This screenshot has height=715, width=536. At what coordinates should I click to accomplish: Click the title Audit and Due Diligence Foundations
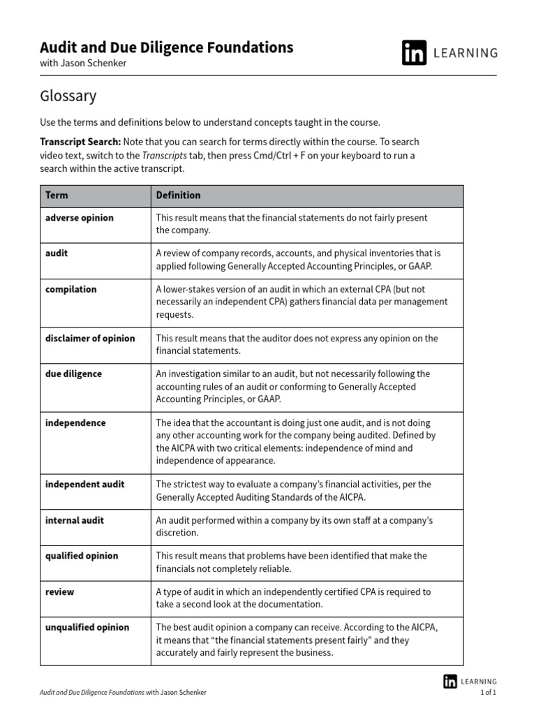(166, 47)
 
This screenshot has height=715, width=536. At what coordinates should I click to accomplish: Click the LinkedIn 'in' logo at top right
(414, 53)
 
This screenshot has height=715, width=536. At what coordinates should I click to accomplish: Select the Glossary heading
(68, 96)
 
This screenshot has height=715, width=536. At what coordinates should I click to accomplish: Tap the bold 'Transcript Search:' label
(80, 142)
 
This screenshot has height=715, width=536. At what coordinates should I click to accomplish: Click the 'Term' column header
(57, 196)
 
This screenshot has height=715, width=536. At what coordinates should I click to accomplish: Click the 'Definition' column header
(178, 196)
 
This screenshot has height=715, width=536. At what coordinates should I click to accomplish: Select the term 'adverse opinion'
(79, 218)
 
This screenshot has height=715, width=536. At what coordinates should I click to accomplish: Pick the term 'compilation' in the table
(70, 289)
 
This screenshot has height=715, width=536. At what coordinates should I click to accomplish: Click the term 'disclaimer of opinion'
(90, 339)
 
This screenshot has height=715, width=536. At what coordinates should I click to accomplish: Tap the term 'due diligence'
(73, 374)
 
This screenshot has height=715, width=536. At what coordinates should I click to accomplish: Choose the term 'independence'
(75, 423)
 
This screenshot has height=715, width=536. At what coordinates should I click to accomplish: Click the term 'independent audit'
(84, 485)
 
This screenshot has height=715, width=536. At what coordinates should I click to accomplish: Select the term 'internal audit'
(75, 520)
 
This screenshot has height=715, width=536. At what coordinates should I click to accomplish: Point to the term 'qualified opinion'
(82, 556)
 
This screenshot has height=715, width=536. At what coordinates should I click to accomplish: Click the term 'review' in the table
(59, 592)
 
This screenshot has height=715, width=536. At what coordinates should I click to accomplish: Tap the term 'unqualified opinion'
(87, 628)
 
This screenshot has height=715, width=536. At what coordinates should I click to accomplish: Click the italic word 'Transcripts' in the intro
(164, 156)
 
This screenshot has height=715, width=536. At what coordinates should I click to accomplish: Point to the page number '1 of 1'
(489, 693)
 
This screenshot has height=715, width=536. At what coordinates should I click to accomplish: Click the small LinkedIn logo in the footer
(450, 681)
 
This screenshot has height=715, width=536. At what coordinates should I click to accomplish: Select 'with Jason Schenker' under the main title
(83, 64)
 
